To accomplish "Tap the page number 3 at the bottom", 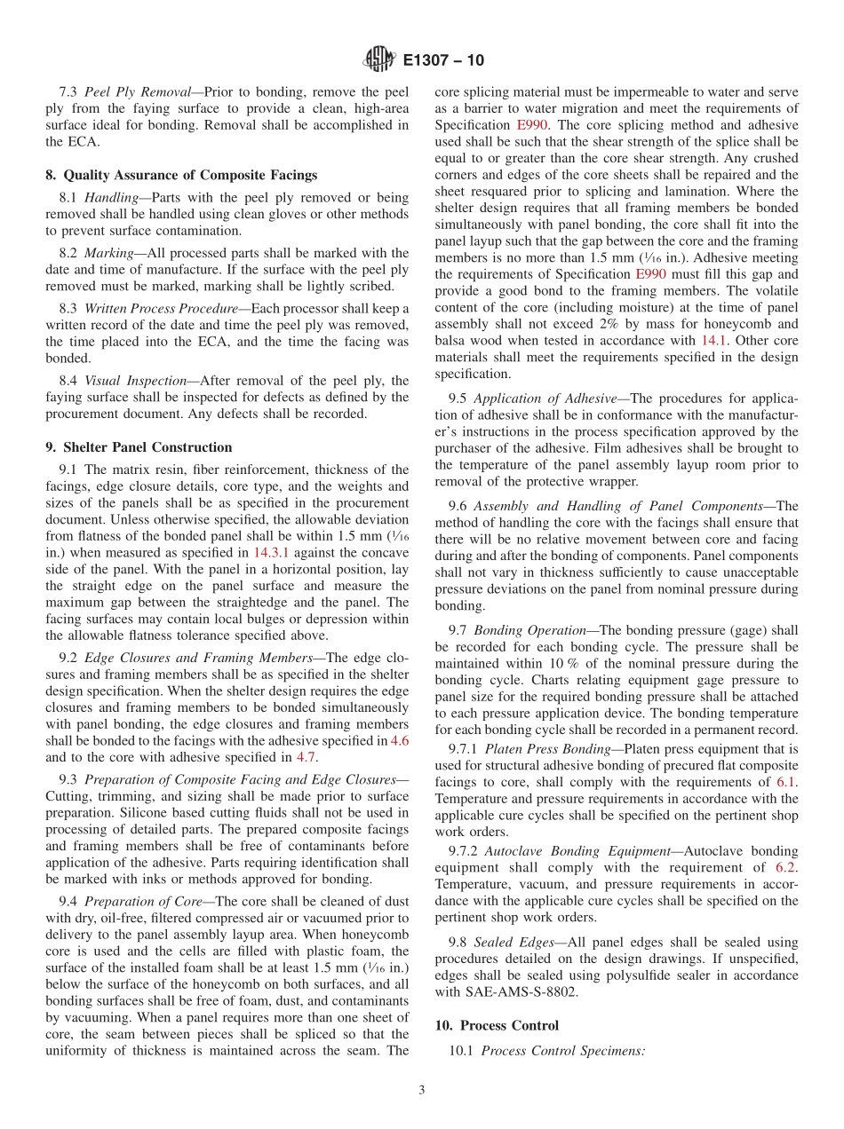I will (x=422, y=1091).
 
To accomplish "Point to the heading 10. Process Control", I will (x=497, y=1025).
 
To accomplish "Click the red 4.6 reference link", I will (x=400, y=740).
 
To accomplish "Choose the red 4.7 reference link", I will (x=306, y=757).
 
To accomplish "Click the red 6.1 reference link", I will (x=786, y=782).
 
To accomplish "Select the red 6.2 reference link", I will (x=786, y=867).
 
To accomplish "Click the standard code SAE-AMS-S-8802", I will (x=506, y=992).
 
